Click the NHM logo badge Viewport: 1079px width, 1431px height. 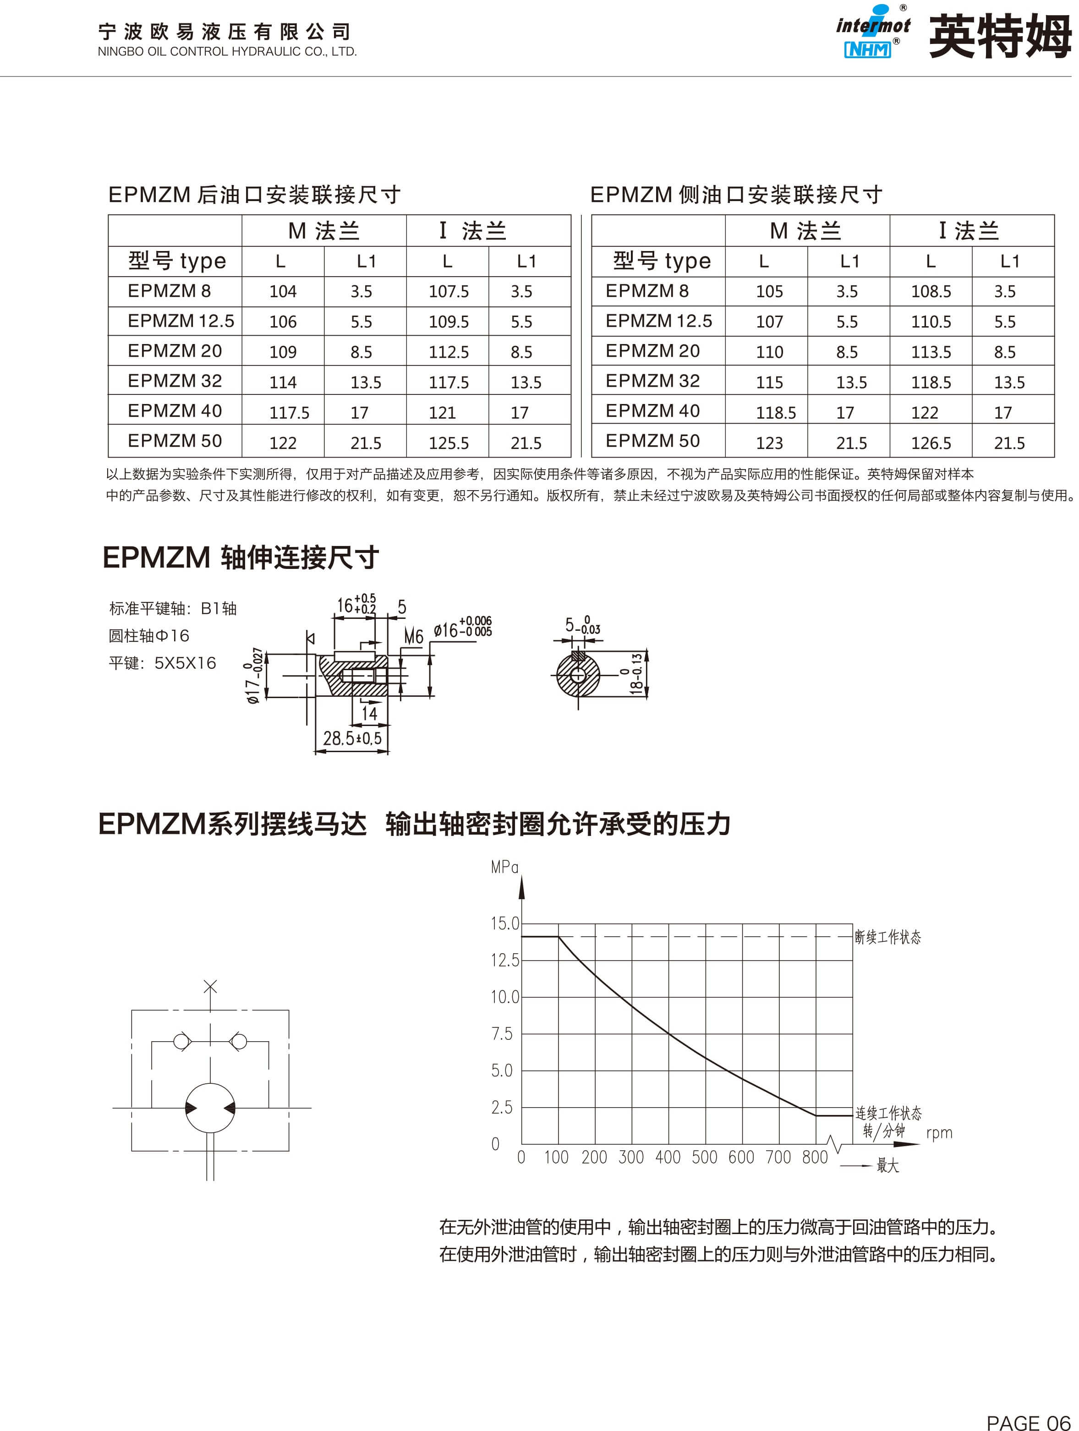click(867, 49)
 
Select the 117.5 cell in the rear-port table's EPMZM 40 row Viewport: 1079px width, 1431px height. click(289, 412)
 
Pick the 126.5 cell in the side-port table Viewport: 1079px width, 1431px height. click(931, 443)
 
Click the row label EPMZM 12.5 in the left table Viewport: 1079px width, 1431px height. click(181, 321)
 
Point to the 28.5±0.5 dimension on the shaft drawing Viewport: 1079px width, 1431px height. click(352, 738)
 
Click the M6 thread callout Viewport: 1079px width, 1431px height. click(414, 637)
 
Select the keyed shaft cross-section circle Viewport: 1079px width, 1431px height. click(578, 675)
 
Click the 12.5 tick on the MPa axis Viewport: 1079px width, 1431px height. click(505, 960)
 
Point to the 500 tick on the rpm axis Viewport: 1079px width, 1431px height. click(704, 1158)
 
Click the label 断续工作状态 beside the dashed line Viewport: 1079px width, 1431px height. click(887, 937)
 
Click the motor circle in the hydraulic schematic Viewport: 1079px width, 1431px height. click(210, 1108)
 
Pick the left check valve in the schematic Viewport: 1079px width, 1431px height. click(182, 1042)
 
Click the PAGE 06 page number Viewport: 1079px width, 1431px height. click(1028, 1422)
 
